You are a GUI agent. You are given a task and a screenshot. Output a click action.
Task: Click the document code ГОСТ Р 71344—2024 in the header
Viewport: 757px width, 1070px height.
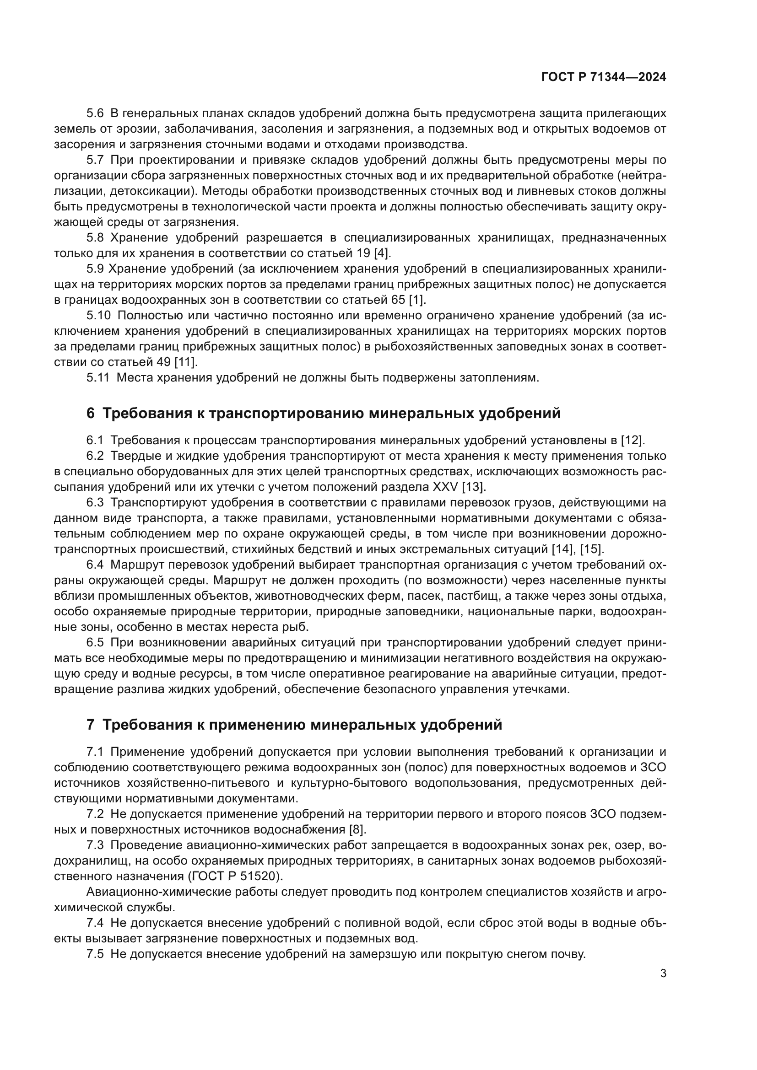[604, 77]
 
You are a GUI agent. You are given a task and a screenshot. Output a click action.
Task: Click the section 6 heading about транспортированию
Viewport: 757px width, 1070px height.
[324, 414]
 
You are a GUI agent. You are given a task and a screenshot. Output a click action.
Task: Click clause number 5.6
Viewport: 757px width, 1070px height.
[95, 113]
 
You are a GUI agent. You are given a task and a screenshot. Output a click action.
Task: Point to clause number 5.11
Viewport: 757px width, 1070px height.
[97, 378]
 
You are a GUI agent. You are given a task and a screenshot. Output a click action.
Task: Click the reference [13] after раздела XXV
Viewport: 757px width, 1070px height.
[474, 487]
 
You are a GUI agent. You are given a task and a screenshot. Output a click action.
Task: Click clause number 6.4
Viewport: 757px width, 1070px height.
[95, 565]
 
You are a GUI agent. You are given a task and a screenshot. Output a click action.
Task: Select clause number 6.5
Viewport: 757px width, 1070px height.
[95, 643]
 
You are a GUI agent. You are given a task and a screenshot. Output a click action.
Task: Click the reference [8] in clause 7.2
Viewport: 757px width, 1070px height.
[357, 830]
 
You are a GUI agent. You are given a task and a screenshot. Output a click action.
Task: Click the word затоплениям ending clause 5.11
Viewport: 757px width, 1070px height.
[499, 378]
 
